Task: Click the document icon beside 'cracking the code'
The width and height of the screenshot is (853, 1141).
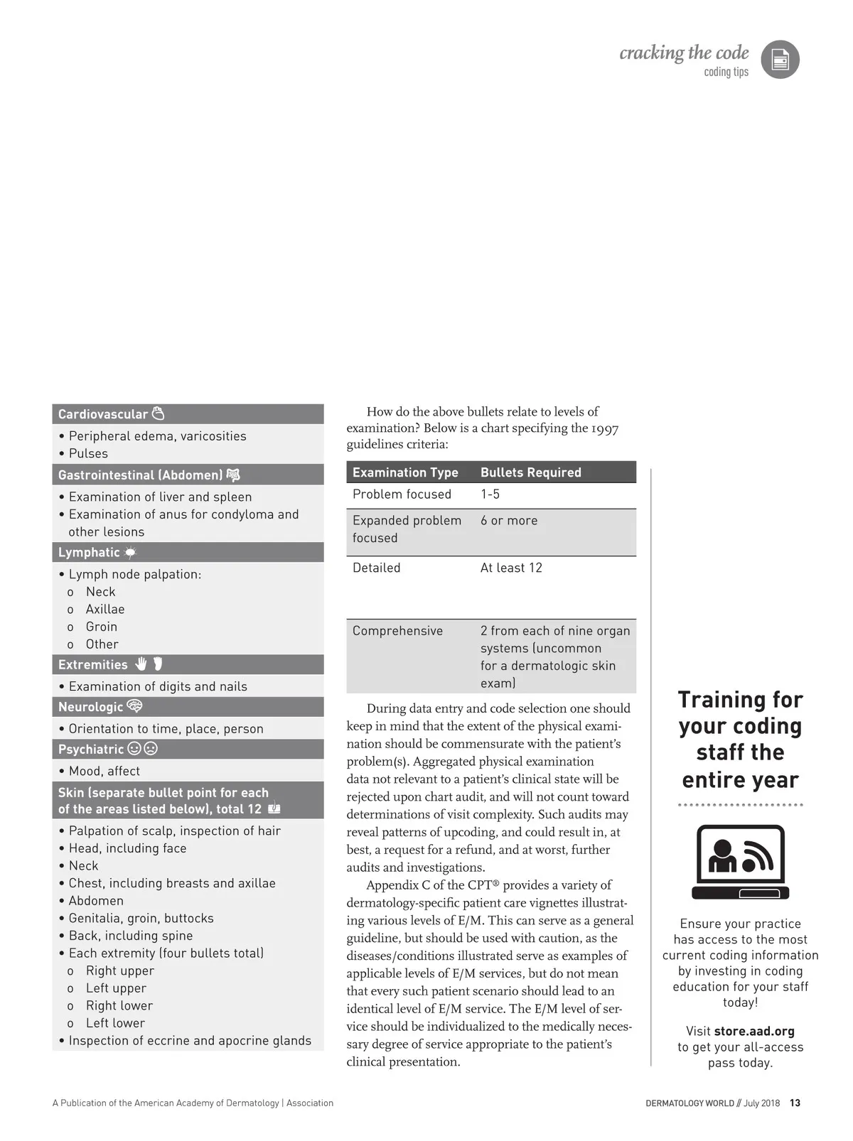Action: pyautogui.click(x=780, y=60)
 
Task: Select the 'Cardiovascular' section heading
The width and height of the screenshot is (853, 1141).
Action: pyautogui.click(x=102, y=414)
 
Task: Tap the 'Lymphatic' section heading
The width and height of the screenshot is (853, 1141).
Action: pyautogui.click(x=89, y=553)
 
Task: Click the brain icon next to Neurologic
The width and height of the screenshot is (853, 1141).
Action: pyautogui.click(x=134, y=706)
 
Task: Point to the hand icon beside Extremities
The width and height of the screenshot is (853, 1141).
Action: pyautogui.click(x=141, y=664)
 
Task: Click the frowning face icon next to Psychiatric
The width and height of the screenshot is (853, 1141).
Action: pyautogui.click(x=151, y=749)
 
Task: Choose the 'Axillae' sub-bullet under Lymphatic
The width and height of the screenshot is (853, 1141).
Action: pyautogui.click(x=105, y=610)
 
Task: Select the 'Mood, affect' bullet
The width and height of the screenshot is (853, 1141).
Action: pyautogui.click(x=104, y=771)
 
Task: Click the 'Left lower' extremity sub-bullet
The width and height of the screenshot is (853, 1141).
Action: pyautogui.click(x=115, y=1023)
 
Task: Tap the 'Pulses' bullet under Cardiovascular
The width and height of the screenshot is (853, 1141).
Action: pyautogui.click(x=88, y=453)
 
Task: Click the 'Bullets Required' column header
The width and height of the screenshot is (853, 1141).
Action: pyautogui.click(x=530, y=472)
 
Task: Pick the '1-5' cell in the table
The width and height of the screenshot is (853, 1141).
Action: pyautogui.click(x=490, y=494)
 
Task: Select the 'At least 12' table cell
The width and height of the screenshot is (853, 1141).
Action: pyautogui.click(x=511, y=568)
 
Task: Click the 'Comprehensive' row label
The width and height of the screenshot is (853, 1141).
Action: pyautogui.click(x=397, y=631)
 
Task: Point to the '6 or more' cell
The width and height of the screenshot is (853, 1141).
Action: pyautogui.click(x=509, y=521)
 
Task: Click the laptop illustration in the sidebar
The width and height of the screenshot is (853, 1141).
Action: pyautogui.click(x=740, y=862)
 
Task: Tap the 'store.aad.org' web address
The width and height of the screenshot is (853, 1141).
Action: pyautogui.click(x=754, y=1031)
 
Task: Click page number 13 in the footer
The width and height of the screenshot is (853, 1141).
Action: pyautogui.click(x=795, y=1103)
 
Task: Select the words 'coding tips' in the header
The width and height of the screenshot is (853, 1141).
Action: pyautogui.click(x=726, y=72)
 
